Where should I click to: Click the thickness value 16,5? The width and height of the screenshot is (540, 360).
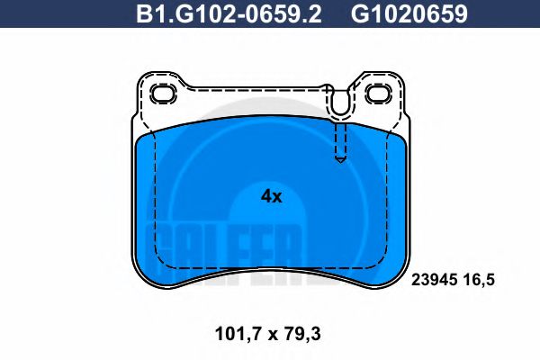coord(480,280)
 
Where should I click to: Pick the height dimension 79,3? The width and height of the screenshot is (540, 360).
coord(302,335)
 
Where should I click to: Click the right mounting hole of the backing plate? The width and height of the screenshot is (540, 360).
coord(377,94)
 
